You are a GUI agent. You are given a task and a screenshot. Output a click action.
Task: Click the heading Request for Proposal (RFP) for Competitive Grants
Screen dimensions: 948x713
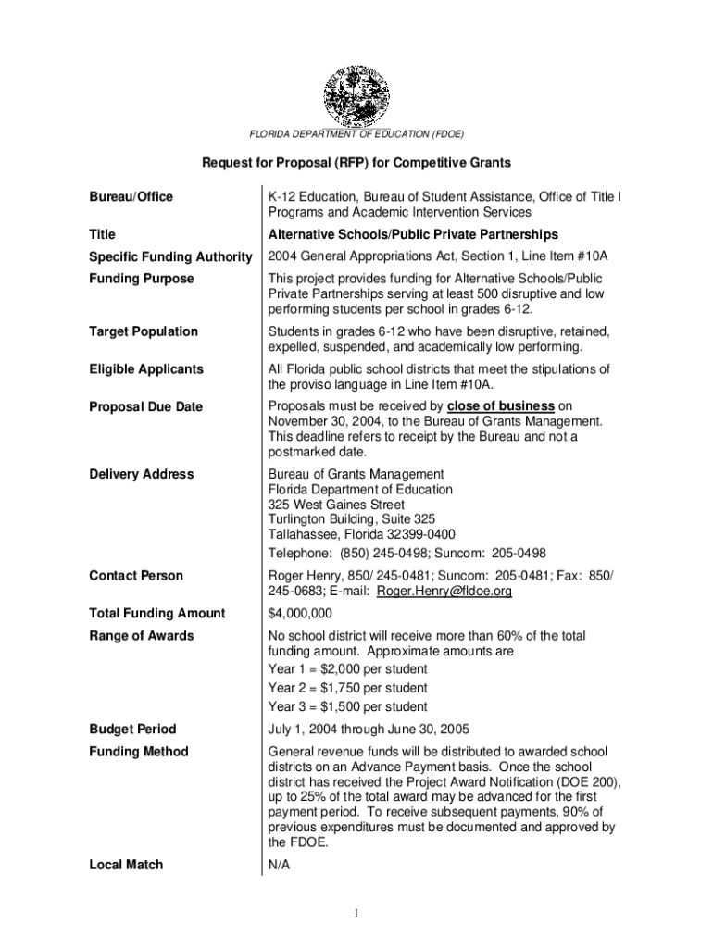tap(356, 163)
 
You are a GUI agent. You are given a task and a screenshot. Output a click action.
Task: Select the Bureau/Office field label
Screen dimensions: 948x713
tap(131, 197)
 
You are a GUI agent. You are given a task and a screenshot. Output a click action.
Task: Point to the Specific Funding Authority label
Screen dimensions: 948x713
tap(170, 256)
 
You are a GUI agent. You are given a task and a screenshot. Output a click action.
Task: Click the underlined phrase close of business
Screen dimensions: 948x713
tap(501, 406)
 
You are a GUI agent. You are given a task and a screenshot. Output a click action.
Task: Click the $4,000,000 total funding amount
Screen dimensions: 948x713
tap(300, 614)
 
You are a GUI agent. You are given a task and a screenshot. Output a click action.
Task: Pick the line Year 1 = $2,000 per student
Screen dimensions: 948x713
tap(347, 668)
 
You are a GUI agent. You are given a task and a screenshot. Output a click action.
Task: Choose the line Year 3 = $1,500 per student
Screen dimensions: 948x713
tap(347, 707)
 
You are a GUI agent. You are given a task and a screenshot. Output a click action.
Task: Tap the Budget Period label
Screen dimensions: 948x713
tap(132, 729)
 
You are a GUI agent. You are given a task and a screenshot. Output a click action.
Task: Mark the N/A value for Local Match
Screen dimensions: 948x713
tap(280, 865)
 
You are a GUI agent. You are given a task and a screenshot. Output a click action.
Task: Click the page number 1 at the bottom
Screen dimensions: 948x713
tap(356, 915)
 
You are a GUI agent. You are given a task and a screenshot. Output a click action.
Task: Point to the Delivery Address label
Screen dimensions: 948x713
tap(142, 474)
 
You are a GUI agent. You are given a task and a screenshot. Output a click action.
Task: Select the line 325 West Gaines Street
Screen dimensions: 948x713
tap(336, 505)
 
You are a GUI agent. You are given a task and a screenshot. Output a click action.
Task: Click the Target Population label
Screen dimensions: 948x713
tap(144, 331)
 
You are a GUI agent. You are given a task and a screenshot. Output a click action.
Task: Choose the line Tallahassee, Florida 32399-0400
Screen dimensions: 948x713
tap(361, 535)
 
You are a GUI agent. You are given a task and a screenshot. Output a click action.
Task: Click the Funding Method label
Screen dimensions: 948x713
tap(139, 752)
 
